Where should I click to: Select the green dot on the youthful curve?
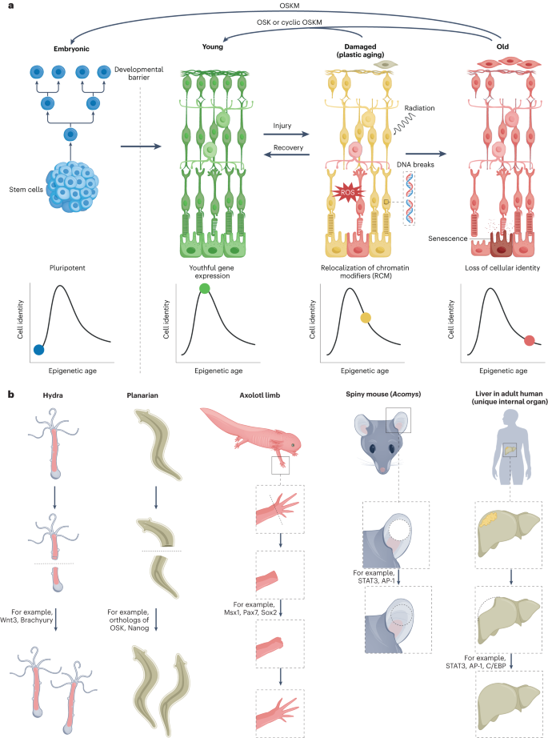tap(204, 288)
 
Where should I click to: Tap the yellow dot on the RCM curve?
tap(366, 318)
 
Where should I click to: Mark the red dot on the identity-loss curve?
tap(529, 341)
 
